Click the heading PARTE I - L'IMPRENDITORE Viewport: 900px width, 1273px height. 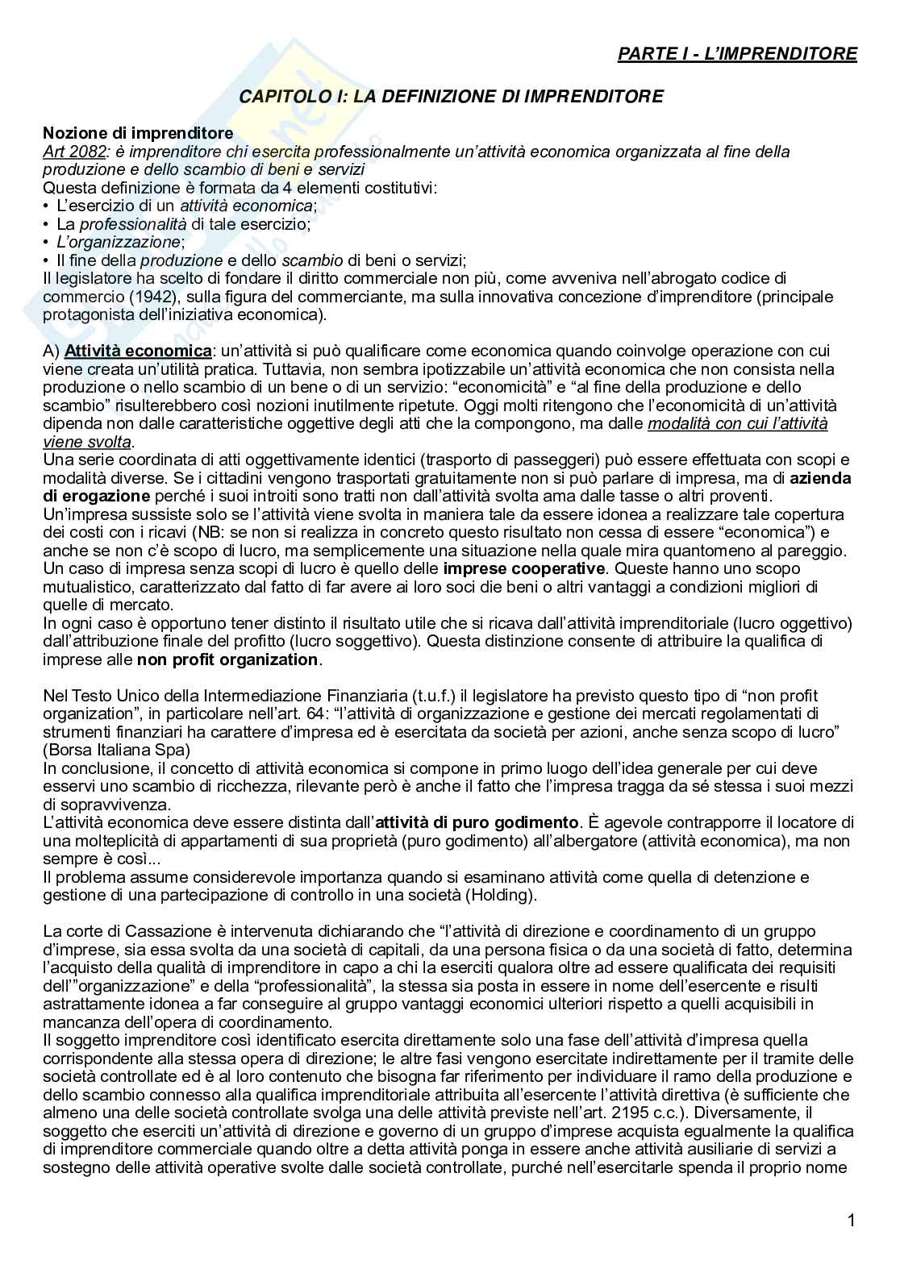[737, 54]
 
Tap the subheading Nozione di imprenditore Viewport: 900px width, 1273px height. [138, 133]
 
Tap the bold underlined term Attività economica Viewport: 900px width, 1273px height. [138, 351]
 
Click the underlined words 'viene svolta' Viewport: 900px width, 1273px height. [86, 442]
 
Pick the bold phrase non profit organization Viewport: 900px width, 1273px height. [227, 660]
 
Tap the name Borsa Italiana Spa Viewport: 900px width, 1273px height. [116, 750]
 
